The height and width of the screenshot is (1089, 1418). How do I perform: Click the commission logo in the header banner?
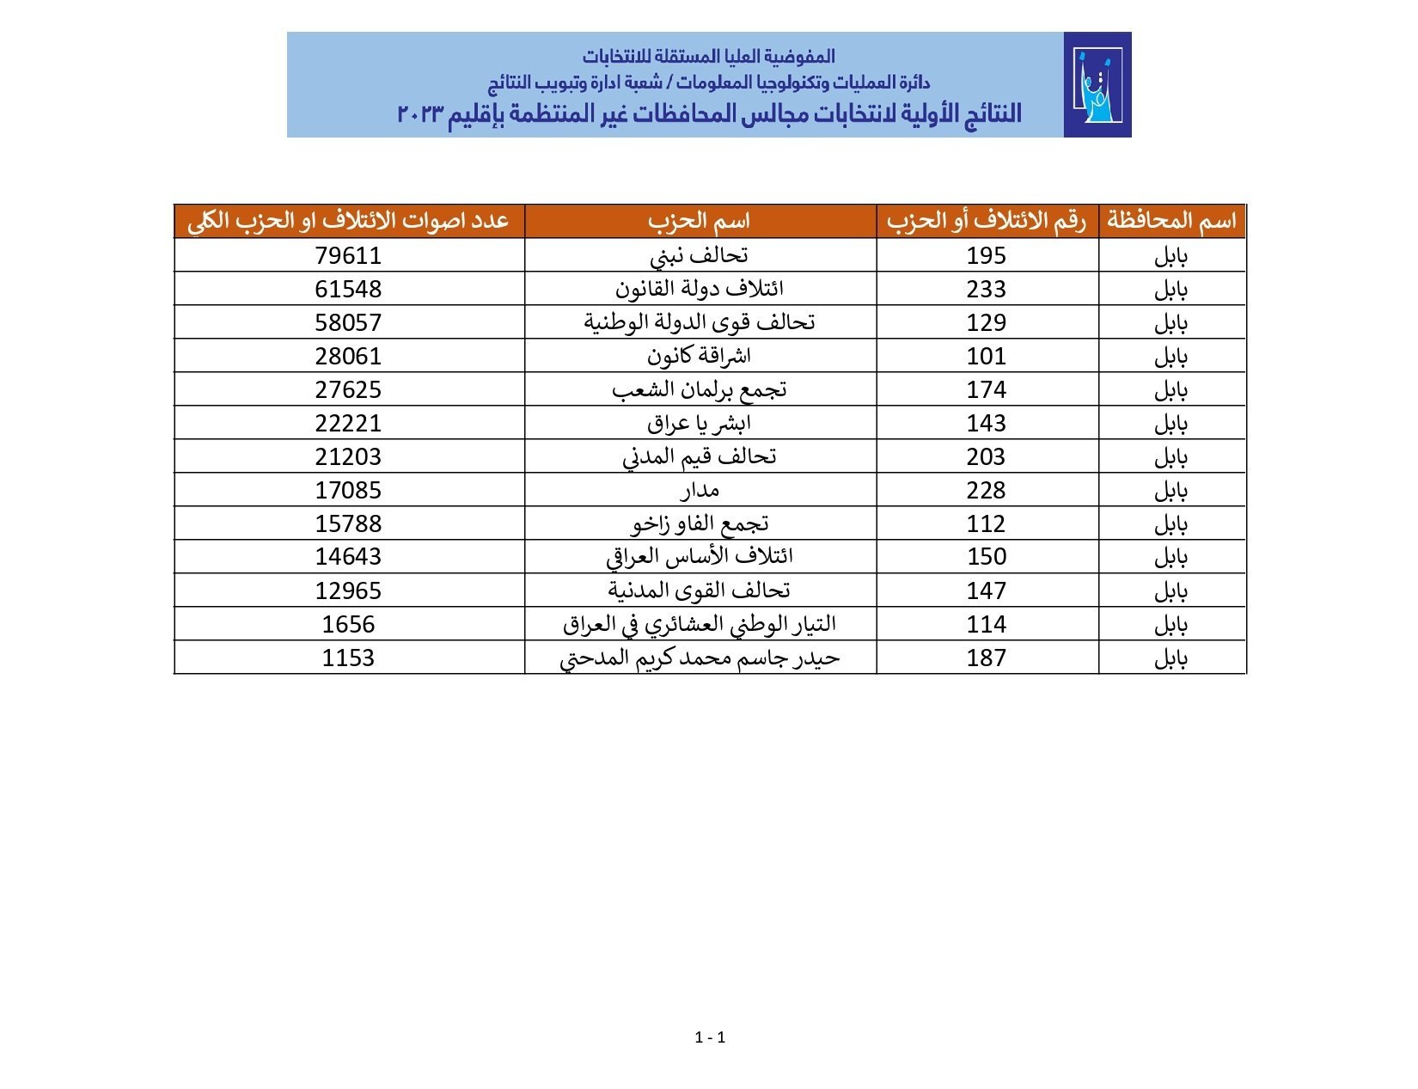1097,85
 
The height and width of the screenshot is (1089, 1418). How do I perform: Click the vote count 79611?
348,255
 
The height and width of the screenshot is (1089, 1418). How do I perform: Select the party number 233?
986,289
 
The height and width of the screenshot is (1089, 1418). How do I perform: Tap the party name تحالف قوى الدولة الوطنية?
700,322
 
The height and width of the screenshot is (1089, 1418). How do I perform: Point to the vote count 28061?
348,356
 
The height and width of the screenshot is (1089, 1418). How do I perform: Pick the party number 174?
986,389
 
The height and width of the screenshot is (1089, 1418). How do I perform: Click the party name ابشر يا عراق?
700,423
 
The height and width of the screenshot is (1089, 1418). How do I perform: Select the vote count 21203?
348,456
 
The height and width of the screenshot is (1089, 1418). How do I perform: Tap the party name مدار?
700,490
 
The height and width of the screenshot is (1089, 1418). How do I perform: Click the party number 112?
986,523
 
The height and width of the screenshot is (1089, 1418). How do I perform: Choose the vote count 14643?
348,557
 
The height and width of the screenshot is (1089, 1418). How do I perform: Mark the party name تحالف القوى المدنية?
700,590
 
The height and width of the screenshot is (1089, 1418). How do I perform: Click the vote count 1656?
348,624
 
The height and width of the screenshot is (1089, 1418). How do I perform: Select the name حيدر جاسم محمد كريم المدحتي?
700,658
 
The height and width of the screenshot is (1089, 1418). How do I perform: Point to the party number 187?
986,658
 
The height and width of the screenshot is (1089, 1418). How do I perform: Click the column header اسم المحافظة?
1171,221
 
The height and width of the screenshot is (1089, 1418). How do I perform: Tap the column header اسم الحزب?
700,221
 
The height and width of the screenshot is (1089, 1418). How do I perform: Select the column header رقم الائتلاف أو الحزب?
987,221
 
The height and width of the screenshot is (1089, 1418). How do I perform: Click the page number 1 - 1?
710,1037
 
